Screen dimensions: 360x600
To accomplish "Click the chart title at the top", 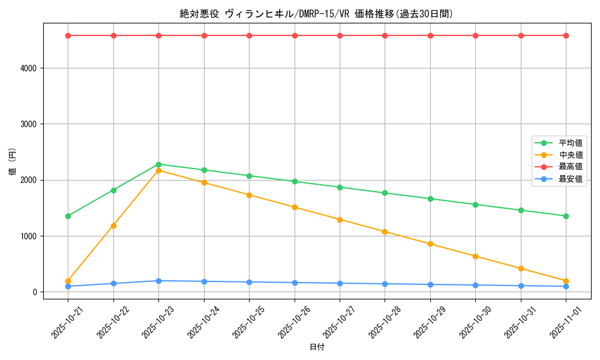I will [x=316, y=14].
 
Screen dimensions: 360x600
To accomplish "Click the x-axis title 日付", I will [x=317, y=347].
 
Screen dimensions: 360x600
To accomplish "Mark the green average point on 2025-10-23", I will [x=158, y=164].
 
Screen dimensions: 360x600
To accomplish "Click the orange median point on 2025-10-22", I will [x=113, y=226].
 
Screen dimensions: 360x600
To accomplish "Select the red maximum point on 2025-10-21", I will [x=68, y=35].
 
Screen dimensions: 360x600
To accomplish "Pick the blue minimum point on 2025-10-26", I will [x=295, y=283].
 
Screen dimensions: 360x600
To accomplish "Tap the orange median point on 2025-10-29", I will [x=430, y=244].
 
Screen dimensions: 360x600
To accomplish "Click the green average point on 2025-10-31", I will [x=521, y=211].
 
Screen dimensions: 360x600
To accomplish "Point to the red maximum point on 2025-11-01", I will [x=566, y=35].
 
